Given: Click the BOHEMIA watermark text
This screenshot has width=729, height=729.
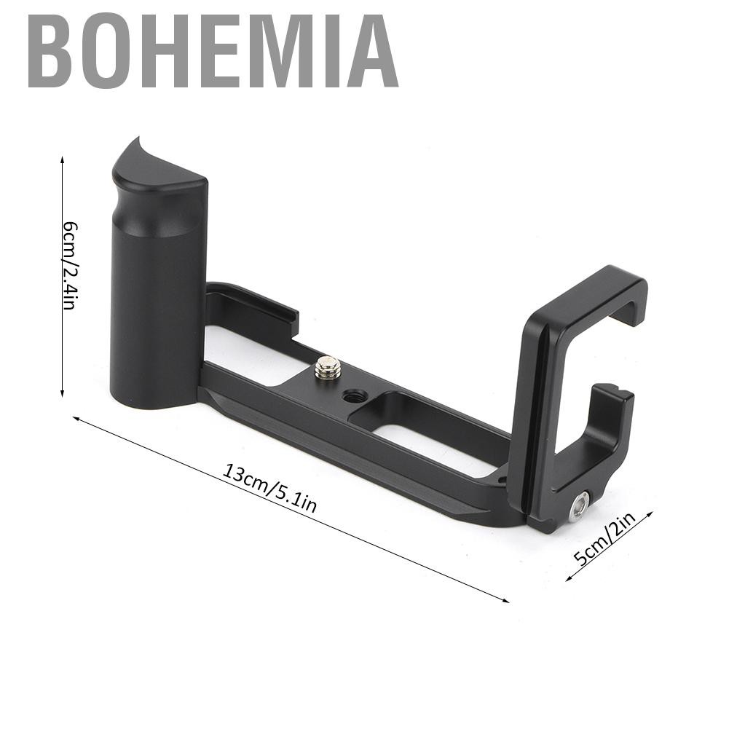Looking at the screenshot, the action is pyautogui.click(x=213, y=51).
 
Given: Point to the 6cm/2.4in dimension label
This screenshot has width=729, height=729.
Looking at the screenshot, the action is pyautogui.click(x=70, y=266).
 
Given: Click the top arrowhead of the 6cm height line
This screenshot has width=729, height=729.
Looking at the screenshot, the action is pyautogui.click(x=63, y=159).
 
